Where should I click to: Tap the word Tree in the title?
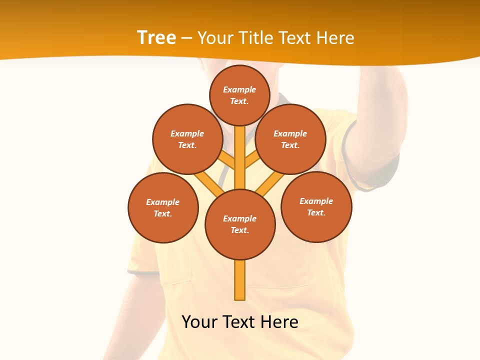coord(156,38)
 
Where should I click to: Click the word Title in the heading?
coord(255,38)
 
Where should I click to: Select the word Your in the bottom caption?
coord(199,322)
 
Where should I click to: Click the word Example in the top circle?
coord(239,89)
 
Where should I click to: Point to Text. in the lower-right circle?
coord(316,212)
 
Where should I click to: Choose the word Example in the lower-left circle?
coord(162,202)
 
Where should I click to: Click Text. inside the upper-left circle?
coord(187,145)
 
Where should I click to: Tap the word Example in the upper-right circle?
coord(290,133)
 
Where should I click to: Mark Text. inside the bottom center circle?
coord(240,230)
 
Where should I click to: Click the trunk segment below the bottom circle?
coord(240,280)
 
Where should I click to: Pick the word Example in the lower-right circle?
coord(316,201)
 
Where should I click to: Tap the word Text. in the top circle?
coord(239,101)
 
